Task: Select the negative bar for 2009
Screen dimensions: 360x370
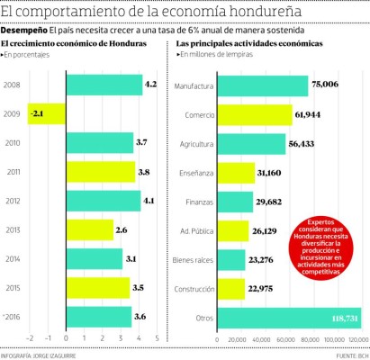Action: (47, 114)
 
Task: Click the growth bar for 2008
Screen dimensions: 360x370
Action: (104, 85)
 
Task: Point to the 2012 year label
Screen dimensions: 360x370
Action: (13, 202)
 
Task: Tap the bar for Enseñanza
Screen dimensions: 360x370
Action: (237, 173)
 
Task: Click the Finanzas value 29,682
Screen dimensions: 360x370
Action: (271, 202)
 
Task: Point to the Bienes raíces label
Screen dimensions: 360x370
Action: (192, 260)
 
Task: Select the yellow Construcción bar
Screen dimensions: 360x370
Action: (231, 289)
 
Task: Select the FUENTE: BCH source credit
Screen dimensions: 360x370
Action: (347, 354)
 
